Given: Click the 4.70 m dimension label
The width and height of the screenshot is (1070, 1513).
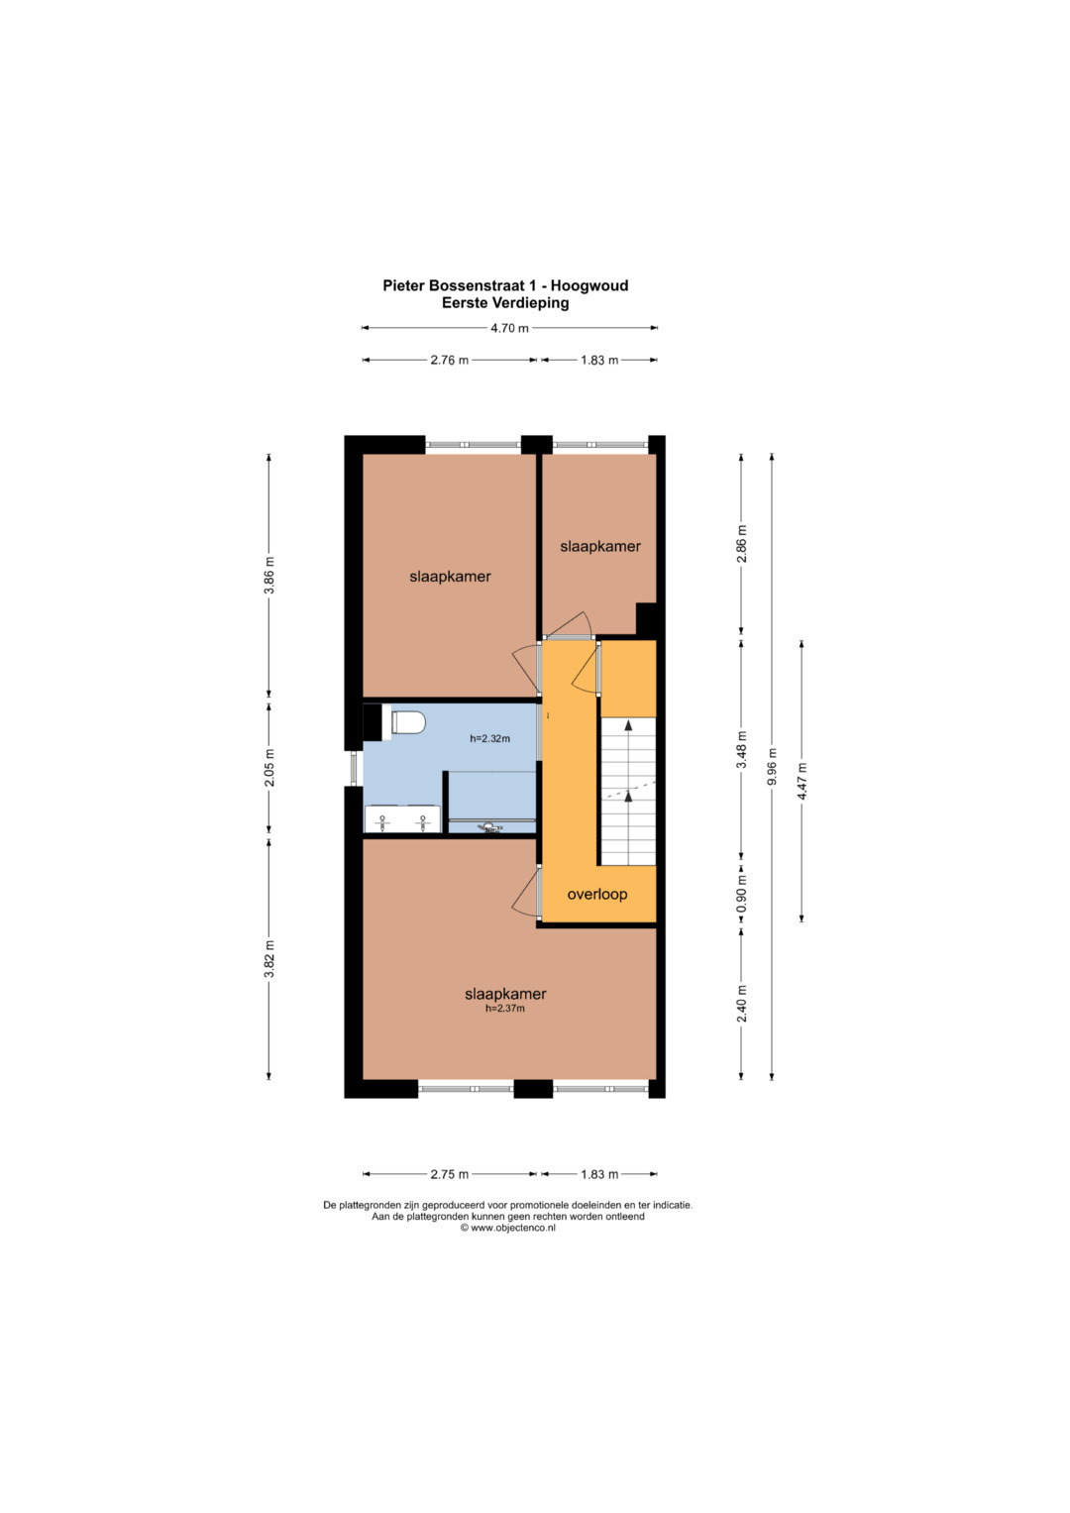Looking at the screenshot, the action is click(x=509, y=328).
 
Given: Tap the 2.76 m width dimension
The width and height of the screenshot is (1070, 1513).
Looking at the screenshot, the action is click(x=449, y=360).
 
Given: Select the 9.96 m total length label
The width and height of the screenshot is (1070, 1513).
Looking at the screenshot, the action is click(x=773, y=767).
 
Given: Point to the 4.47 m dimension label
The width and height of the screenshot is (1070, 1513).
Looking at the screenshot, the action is click(x=802, y=781).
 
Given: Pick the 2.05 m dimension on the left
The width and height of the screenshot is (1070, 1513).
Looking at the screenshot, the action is click(x=268, y=768).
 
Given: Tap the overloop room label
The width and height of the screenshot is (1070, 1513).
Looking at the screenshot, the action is click(x=597, y=895).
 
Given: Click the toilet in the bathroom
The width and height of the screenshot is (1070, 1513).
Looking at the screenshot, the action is click(x=407, y=722).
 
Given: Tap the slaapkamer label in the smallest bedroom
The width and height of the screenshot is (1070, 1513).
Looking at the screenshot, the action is click(x=599, y=546).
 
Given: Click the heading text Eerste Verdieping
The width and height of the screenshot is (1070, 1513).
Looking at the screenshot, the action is click(x=505, y=303).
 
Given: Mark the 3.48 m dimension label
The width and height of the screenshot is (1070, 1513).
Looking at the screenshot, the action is click(x=742, y=749).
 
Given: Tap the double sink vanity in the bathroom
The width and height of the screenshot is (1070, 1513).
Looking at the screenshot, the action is click(x=402, y=818).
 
